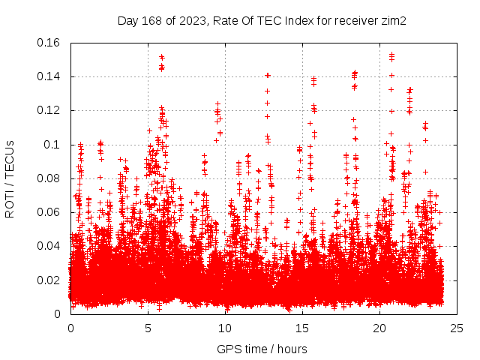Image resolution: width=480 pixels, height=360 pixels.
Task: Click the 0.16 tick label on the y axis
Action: (51, 43)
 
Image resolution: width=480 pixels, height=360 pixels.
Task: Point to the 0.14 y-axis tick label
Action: (51, 76)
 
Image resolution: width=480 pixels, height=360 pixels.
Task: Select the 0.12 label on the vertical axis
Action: (51, 110)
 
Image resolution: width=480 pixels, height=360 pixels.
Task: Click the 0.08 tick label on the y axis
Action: (51, 178)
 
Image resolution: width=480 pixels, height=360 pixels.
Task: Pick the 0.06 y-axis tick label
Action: (51, 212)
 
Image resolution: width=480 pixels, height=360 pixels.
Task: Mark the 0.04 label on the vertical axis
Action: (51, 246)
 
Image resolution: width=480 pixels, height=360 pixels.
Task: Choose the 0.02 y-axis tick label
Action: (51, 280)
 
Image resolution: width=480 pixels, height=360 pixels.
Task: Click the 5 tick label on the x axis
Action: (148, 328)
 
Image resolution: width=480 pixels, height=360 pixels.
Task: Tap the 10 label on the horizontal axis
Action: (225, 328)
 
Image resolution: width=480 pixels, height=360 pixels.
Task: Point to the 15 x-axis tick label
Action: (302, 328)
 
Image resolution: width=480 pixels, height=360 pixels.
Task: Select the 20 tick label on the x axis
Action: (379, 328)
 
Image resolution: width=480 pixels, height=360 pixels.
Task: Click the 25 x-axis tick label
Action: (457, 328)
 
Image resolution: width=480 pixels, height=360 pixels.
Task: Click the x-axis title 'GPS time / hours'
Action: (262, 349)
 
